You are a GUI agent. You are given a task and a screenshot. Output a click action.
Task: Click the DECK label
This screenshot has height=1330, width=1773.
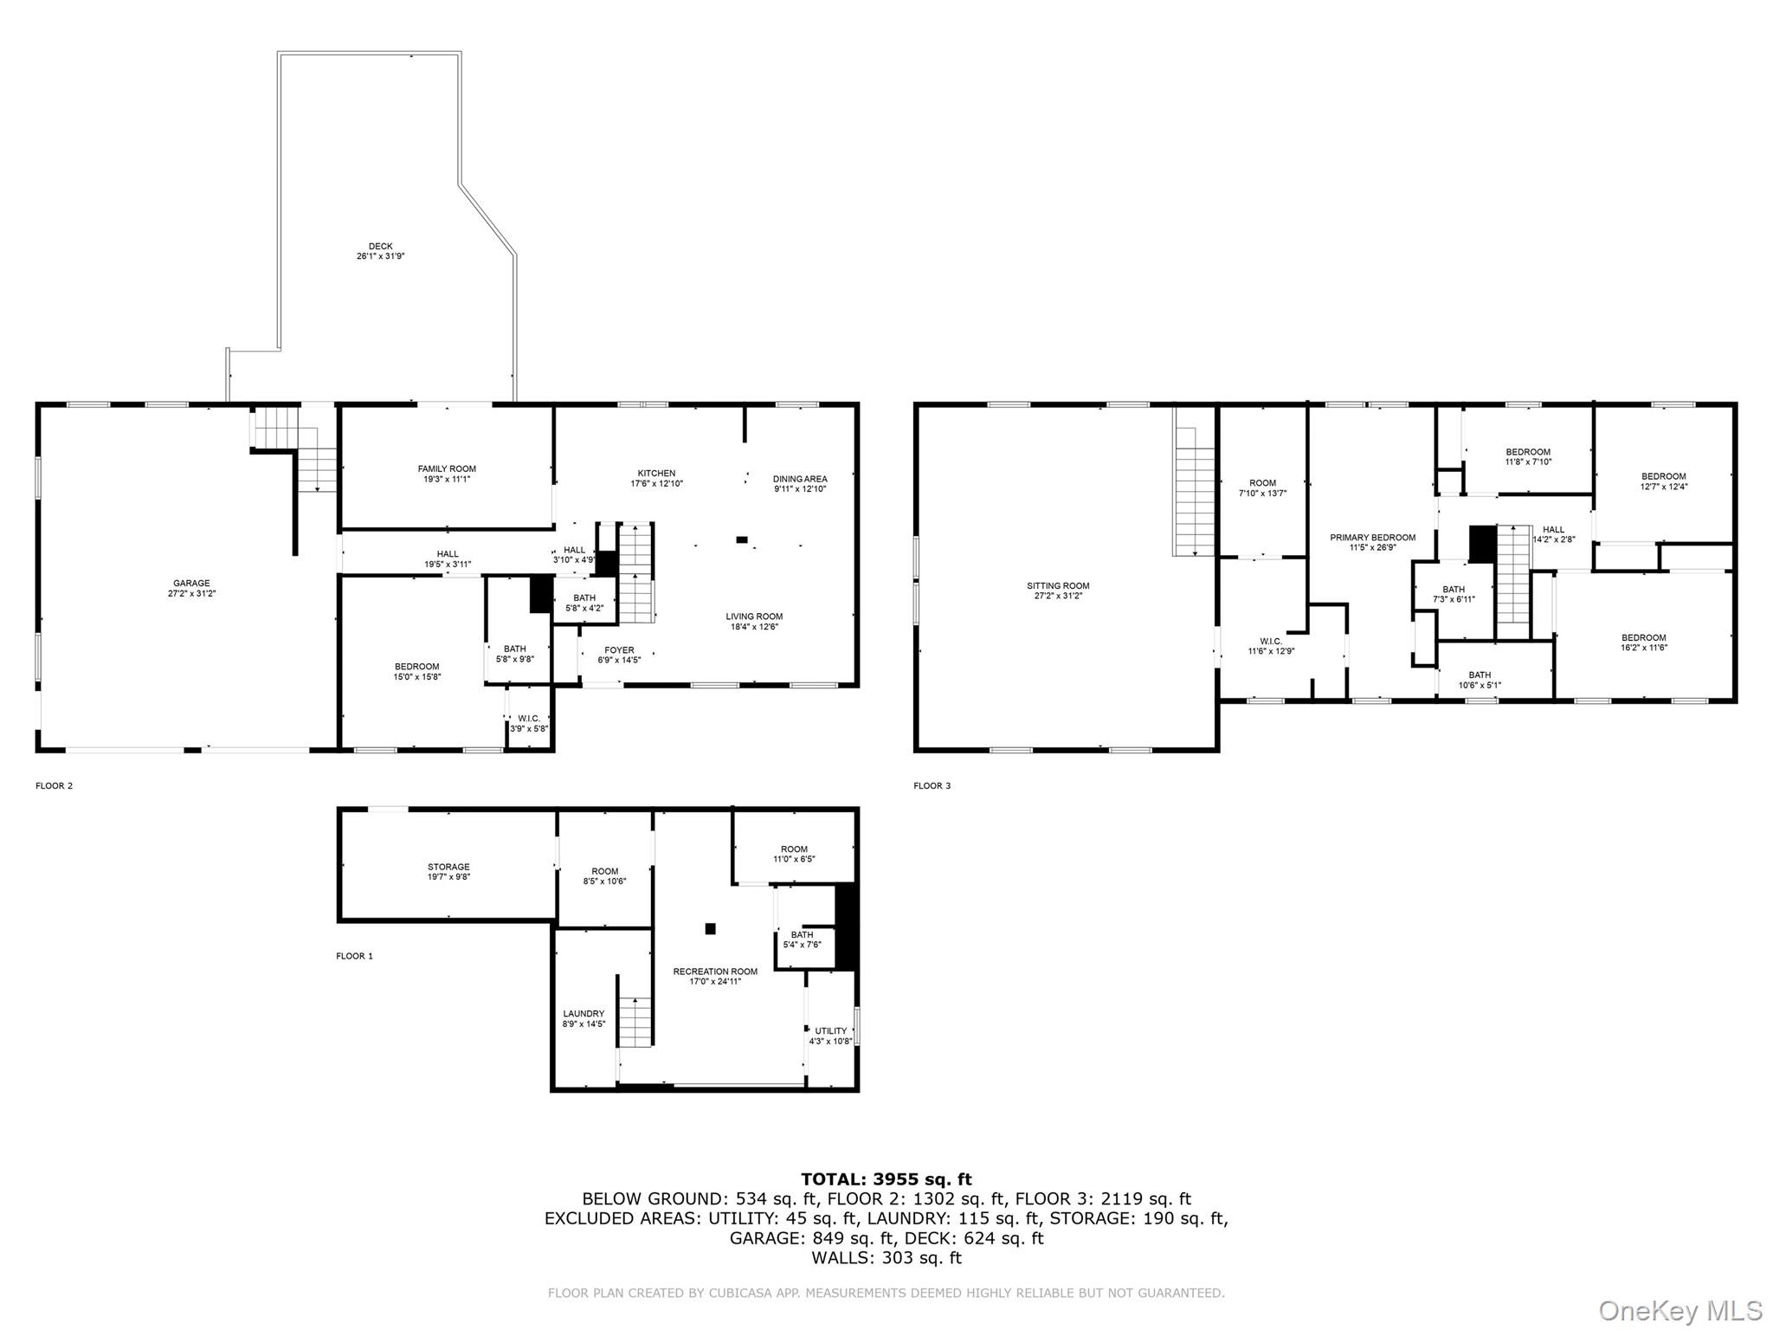click(380, 247)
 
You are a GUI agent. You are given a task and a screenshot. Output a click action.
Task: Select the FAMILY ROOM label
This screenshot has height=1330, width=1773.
click(447, 469)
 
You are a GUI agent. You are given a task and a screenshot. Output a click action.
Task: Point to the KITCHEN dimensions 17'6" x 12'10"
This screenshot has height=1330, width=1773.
click(656, 484)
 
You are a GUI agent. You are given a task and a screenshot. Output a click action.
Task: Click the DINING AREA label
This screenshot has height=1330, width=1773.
click(799, 479)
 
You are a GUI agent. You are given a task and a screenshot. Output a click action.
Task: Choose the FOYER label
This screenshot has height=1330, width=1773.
click(619, 650)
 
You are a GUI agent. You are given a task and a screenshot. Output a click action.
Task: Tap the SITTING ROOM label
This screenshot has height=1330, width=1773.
click(1058, 586)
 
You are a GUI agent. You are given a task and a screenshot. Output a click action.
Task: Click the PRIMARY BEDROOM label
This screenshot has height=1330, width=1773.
click(1372, 538)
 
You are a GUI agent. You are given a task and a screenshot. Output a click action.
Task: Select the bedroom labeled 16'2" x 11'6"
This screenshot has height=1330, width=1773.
click(1643, 642)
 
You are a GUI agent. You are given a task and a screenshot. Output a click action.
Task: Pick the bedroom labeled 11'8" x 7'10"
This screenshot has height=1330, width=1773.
click(1527, 456)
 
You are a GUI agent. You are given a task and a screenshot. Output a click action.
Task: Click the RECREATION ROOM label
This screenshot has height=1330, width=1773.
click(715, 972)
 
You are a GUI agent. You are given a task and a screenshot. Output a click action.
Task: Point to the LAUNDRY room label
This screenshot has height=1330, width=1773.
click(583, 1014)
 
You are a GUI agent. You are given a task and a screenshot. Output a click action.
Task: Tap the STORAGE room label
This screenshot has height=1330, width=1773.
click(448, 867)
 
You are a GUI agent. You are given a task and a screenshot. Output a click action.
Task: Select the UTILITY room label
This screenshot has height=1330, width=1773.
click(830, 1031)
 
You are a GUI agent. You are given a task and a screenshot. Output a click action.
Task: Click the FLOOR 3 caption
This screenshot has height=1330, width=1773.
click(932, 786)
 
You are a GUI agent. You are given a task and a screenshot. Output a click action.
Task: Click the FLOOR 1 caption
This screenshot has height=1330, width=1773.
click(354, 956)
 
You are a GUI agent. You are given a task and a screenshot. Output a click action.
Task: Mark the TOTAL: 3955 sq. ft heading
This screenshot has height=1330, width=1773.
click(886, 1179)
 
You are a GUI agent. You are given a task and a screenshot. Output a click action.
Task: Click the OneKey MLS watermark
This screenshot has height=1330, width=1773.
click(1680, 1311)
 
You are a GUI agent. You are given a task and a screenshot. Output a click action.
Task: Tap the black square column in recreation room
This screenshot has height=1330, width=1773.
click(710, 929)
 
